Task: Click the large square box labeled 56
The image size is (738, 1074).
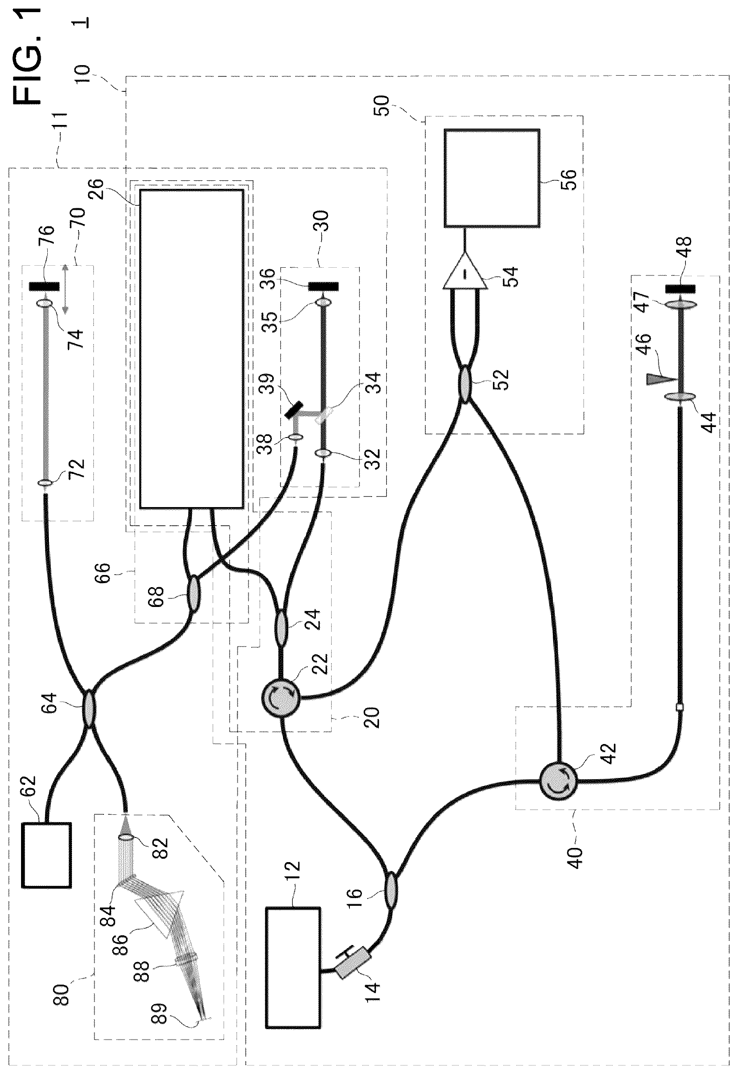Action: pos(492,178)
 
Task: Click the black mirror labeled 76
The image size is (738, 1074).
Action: pos(44,286)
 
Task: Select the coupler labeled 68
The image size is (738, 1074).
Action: pos(193,593)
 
